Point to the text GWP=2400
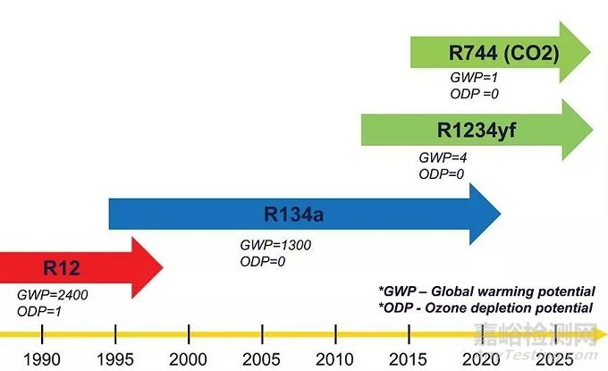[x=53, y=293]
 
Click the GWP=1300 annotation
[x=275, y=244]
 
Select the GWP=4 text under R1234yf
[x=443, y=157]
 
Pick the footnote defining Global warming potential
[x=486, y=291]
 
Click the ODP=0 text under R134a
[x=262, y=260]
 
